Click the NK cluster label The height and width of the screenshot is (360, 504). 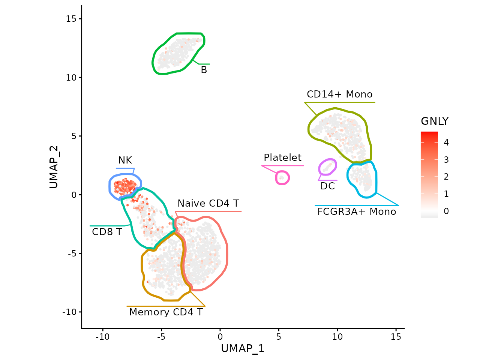point(125,160)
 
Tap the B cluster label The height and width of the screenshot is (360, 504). point(204,70)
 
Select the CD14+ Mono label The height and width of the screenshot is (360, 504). point(339,94)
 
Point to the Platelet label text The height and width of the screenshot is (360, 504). point(282,158)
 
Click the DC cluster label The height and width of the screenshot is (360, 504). point(327,186)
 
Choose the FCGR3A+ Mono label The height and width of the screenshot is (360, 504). point(357,212)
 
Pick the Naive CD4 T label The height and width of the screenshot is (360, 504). point(208,204)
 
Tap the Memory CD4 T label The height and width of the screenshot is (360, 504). point(166,312)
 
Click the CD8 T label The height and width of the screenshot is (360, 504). point(107,232)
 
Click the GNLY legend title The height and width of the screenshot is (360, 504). point(435,121)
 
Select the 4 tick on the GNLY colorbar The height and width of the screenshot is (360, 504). point(446,142)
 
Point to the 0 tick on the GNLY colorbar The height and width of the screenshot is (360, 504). point(446,211)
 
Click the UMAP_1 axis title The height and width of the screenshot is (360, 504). point(243,349)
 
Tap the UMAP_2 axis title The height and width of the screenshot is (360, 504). point(54,167)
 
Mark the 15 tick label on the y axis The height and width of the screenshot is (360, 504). point(71,19)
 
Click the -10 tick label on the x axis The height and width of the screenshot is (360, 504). point(102,337)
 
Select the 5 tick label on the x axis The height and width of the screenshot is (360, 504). point(279,337)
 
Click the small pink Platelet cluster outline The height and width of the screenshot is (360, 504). point(282,178)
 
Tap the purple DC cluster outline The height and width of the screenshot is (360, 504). point(327,167)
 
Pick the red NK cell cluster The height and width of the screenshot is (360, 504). point(125,186)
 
